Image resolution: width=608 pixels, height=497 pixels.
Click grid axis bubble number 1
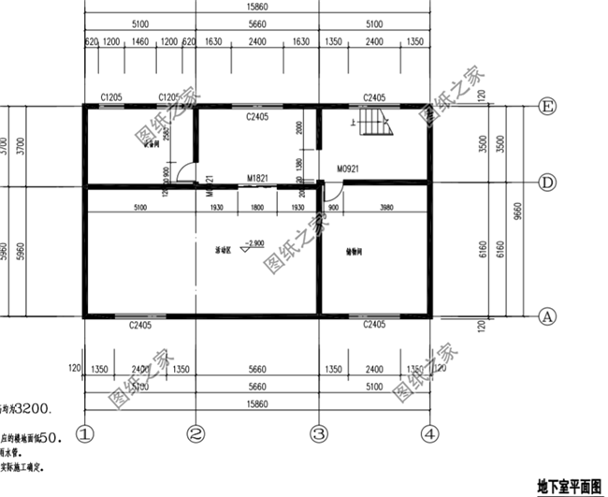click(x=85, y=433)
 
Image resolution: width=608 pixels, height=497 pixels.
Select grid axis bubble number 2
click(x=195, y=433)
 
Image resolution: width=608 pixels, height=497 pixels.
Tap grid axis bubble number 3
click(x=318, y=433)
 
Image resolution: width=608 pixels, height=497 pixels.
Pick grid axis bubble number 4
click(x=428, y=433)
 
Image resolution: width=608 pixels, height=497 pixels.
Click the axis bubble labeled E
click(x=549, y=108)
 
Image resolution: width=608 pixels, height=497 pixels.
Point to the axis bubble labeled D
click(x=549, y=181)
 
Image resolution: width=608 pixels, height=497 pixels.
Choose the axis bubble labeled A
click(x=549, y=316)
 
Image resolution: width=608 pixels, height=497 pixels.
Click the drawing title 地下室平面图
click(x=569, y=487)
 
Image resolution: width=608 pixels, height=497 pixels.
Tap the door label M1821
click(x=258, y=178)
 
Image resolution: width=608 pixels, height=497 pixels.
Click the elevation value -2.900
click(x=252, y=243)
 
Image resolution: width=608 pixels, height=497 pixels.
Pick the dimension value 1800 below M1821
click(x=258, y=207)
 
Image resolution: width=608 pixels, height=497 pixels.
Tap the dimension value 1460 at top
click(x=140, y=43)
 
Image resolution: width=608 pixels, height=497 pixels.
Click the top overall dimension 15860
click(x=257, y=5)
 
